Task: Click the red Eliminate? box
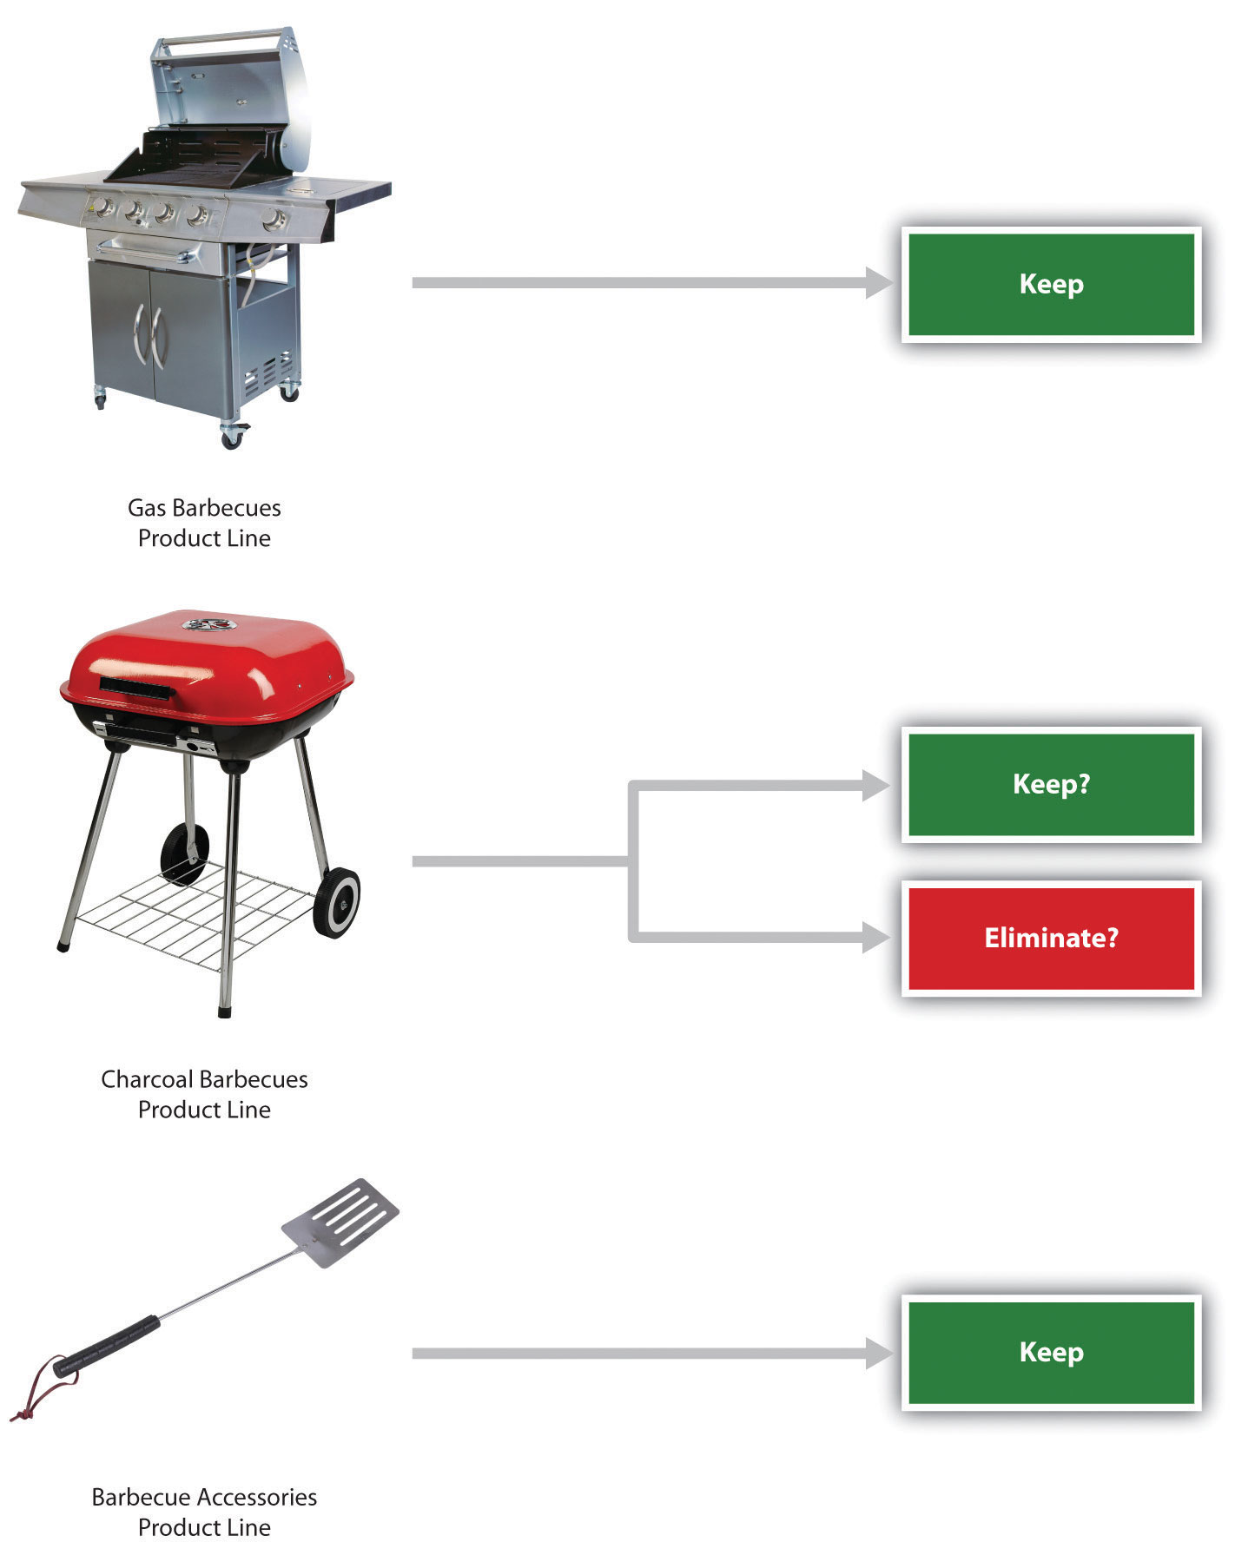coord(1051,938)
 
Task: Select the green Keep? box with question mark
coord(1051,784)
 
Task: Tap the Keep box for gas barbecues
coord(1051,284)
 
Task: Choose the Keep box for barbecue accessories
coord(1051,1352)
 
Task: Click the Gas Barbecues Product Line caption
coord(204,523)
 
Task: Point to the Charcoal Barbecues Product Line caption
coord(204,1094)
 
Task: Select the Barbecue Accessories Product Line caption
coord(204,1512)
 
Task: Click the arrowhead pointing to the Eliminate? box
coord(875,937)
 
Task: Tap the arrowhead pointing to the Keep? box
coord(875,785)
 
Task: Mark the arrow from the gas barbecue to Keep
coord(643,283)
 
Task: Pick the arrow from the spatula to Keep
coord(643,1353)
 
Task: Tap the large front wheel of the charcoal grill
coord(337,903)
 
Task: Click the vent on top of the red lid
coord(207,624)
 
